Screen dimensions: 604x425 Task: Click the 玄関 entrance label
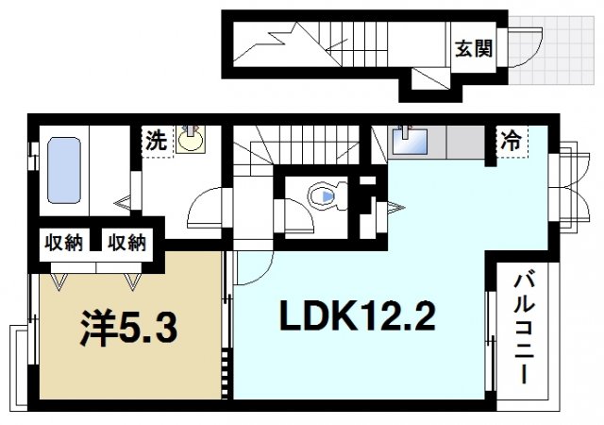[474, 48]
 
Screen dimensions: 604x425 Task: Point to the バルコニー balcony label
[525, 329]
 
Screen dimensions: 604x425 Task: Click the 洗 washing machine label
[156, 141]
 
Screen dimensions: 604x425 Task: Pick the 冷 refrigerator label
[511, 141]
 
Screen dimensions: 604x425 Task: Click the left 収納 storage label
[64, 243]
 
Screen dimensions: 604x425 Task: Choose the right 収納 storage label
[126, 243]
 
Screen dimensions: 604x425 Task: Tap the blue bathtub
[64, 170]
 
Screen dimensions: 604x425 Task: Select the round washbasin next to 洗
[191, 139]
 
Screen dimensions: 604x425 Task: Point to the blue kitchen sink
[410, 141]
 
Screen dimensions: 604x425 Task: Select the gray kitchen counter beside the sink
[466, 142]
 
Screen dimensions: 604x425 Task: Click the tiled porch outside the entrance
[551, 50]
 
